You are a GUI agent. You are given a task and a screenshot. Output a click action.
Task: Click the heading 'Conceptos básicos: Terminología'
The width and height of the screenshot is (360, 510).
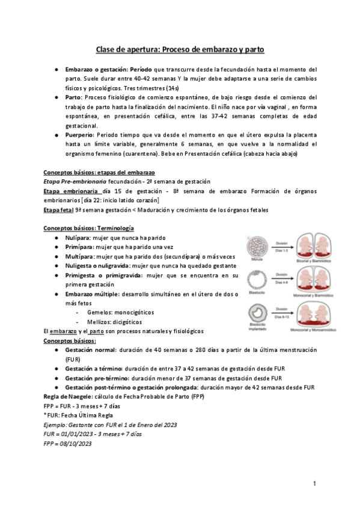(89, 229)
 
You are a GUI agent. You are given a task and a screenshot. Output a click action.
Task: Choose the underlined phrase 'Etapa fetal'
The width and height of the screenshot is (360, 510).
(58, 209)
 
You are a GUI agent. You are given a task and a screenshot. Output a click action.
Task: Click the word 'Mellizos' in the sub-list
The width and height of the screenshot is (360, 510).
(100, 322)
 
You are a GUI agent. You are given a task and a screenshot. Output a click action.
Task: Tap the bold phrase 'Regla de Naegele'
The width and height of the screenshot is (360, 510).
(70, 396)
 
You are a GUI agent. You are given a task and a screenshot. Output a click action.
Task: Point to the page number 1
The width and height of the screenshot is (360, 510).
(314, 484)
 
